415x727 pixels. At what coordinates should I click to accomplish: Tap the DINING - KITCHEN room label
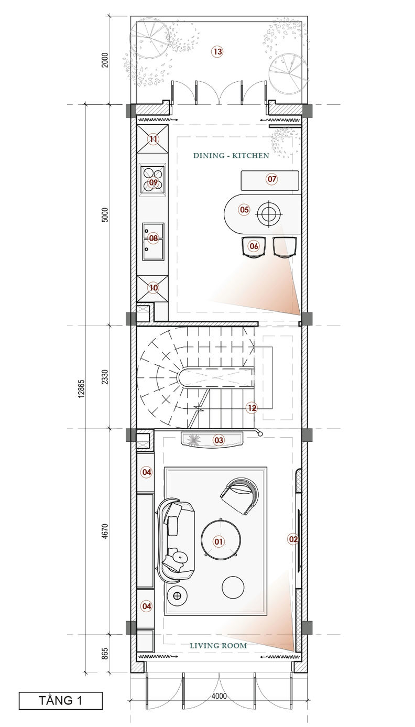pos(231,156)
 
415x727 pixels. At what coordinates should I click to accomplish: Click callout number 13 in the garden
pos(217,51)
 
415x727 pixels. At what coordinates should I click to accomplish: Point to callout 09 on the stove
pos(154,182)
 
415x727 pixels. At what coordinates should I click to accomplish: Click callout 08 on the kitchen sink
pos(154,238)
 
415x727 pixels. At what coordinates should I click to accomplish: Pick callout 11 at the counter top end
pos(154,139)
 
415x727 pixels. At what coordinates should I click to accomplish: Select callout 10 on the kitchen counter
pos(154,288)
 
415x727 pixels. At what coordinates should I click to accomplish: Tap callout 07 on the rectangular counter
pos(271,179)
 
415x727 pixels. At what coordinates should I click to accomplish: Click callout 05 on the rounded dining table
pos(244,210)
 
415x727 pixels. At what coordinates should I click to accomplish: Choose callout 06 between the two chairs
pos(254,246)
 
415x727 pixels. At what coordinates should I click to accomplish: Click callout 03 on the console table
pos(219,440)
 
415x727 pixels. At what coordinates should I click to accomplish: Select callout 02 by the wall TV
pos(293,539)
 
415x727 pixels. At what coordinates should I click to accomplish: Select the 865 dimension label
pos(105,654)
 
